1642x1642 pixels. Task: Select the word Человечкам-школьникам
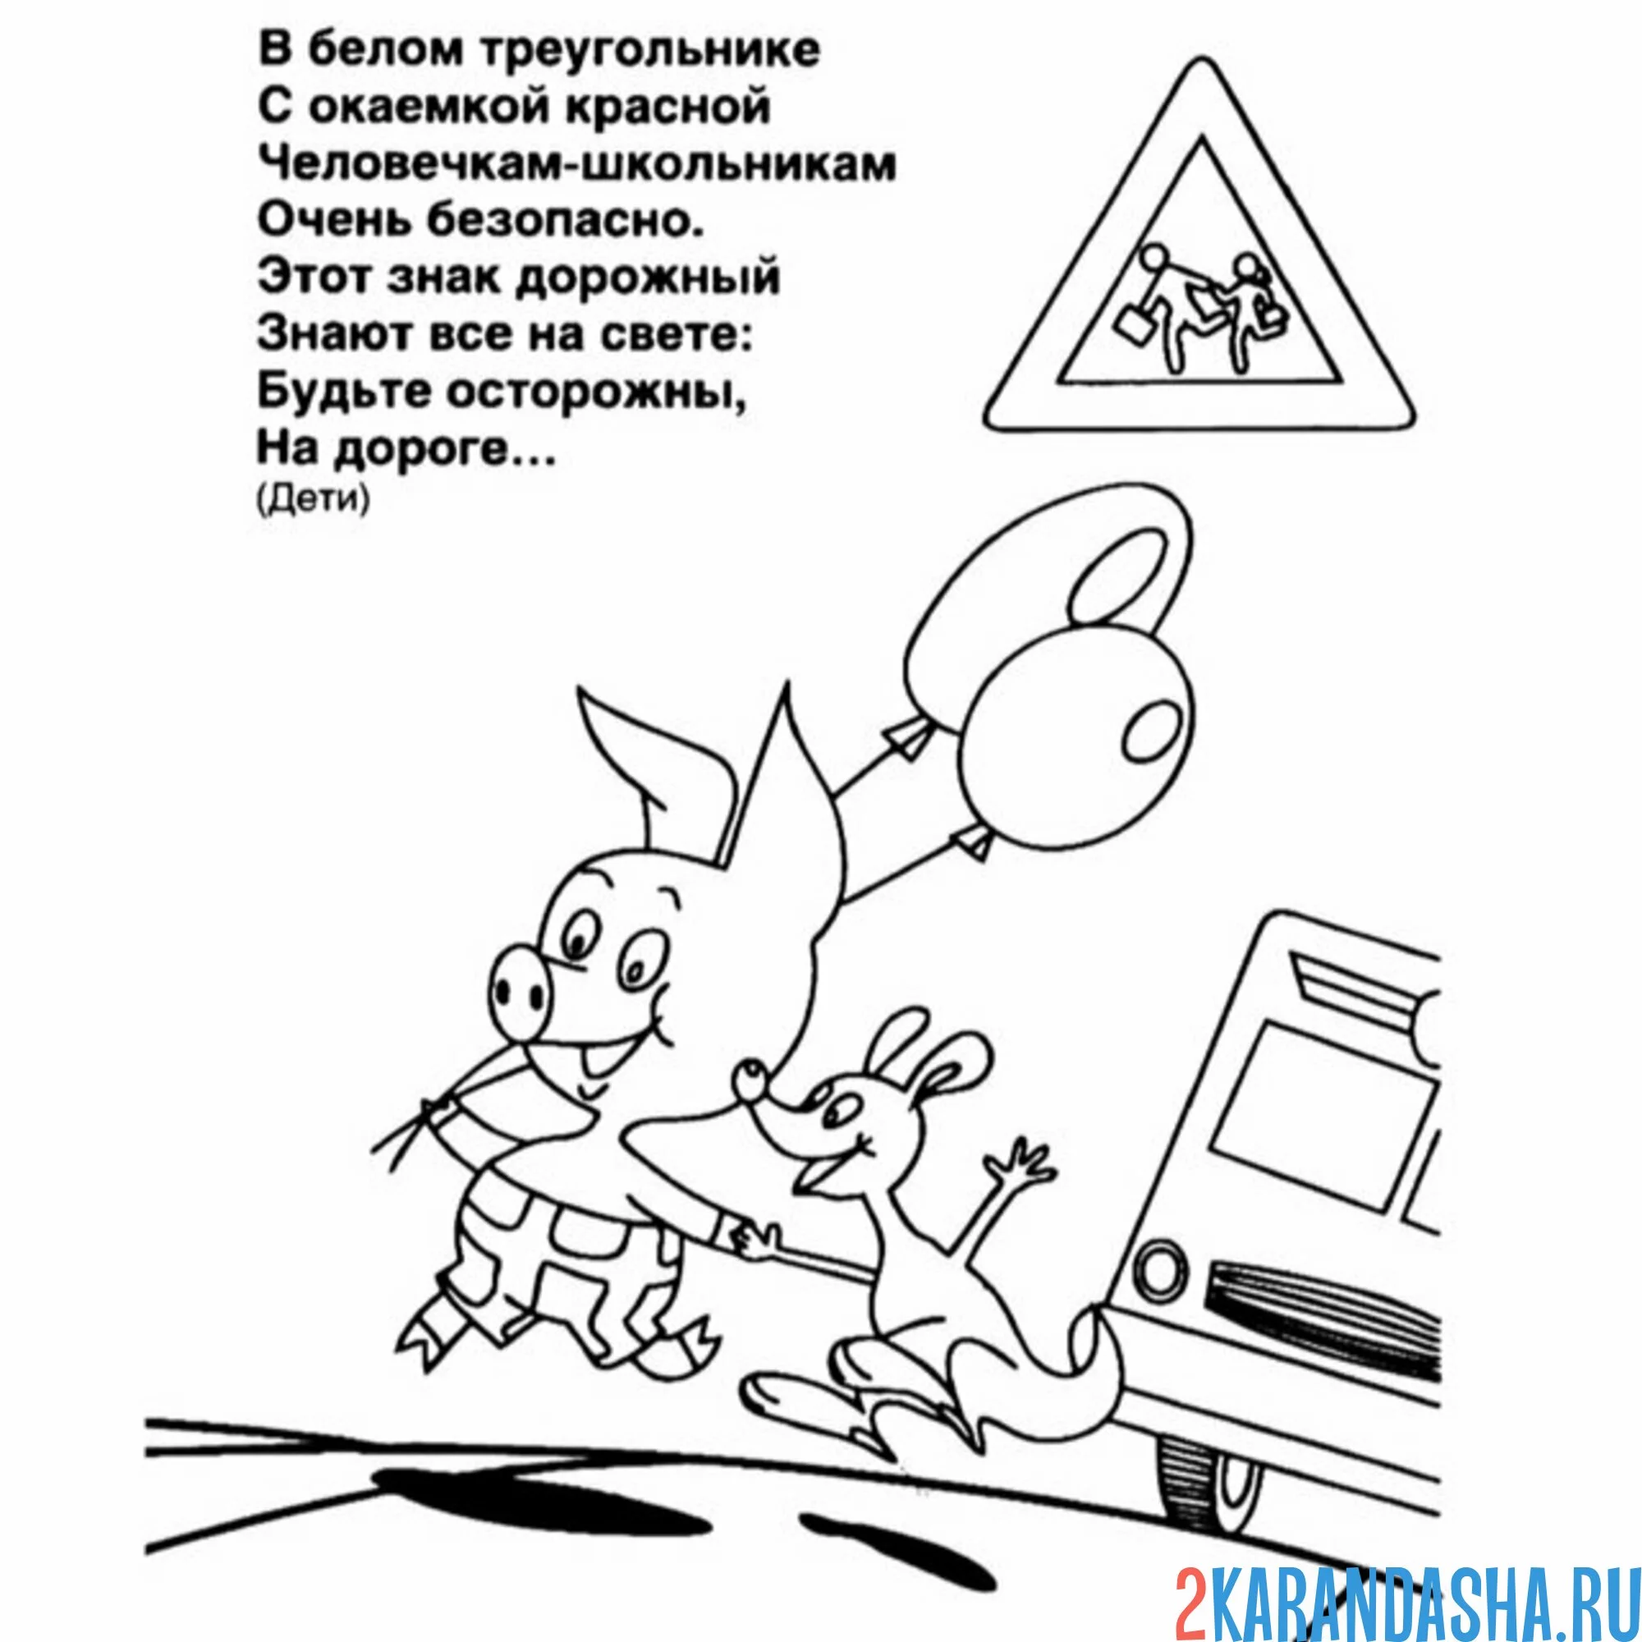577,164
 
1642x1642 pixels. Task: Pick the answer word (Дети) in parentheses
313,500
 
